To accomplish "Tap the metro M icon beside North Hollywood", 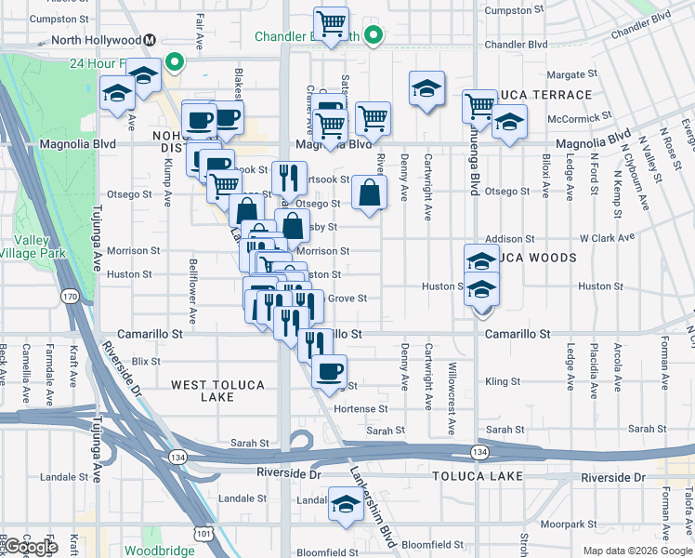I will pos(150,40).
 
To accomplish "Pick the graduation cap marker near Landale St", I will pos(347,505).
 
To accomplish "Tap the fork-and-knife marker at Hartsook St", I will pos(290,176).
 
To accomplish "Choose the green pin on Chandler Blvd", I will pos(374,37).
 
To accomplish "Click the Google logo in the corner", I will pos(30,547).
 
